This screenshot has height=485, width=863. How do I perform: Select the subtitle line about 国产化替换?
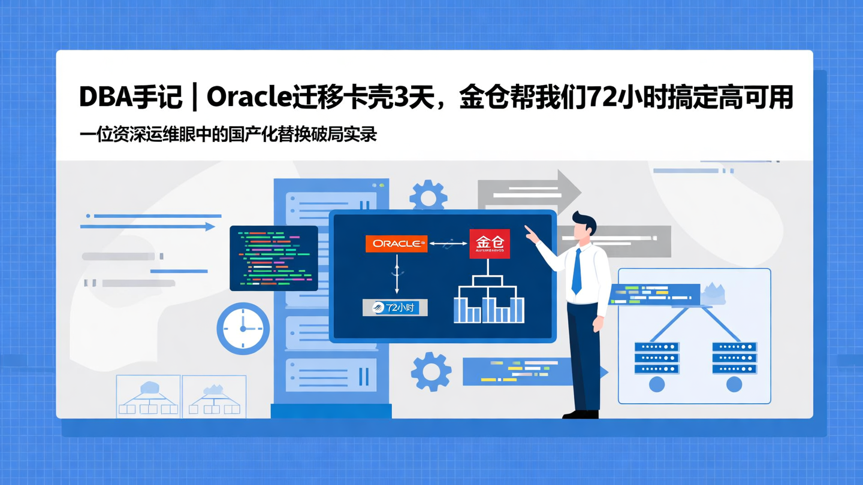coord(228,134)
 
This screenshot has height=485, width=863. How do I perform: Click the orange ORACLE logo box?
coord(396,244)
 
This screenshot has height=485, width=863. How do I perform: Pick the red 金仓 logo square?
coord(490,244)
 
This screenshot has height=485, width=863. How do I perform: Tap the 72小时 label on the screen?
coord(395,308)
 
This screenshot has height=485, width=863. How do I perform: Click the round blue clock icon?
coord(243,329)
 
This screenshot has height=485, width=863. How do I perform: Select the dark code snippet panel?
coord(274,258)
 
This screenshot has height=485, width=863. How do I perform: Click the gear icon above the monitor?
coord(428,195)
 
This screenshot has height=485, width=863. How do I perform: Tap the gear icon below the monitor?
coord(431,371)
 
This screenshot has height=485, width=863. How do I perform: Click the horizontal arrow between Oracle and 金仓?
coord(448,244)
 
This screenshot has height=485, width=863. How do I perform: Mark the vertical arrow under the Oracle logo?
coord(396,273)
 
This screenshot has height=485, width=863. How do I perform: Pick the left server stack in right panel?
coord(657,357)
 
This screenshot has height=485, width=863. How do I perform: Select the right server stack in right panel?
coord(734,357)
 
